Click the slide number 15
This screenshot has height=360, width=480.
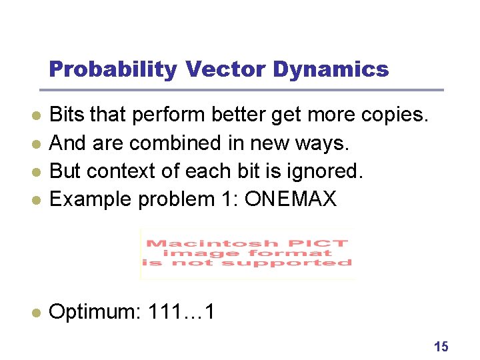pos(441,346)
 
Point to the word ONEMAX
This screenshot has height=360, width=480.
pos(291,198)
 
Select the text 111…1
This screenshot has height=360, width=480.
pos(178,311)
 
